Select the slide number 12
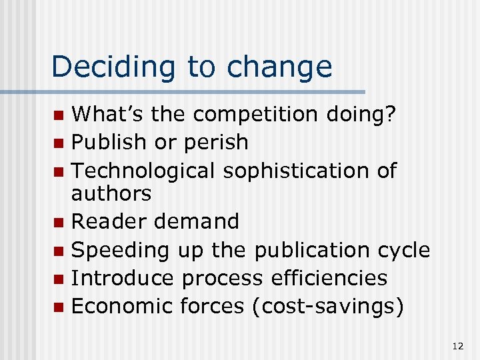[457, 346]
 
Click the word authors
[111, 194]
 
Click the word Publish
[108, 142]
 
